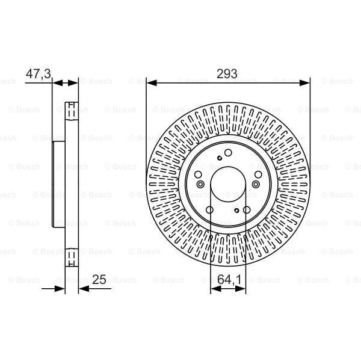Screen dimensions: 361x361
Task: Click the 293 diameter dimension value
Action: click(228, 73)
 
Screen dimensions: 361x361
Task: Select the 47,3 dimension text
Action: click(38, 73)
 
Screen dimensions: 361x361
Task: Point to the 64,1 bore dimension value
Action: click(228, 279)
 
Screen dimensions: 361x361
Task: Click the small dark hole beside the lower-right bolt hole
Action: click(237, 210)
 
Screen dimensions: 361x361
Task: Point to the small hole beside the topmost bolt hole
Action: click(220, 158)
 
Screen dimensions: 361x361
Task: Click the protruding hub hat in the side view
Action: click(58, 184)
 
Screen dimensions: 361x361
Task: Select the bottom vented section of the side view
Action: click(71, 256)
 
